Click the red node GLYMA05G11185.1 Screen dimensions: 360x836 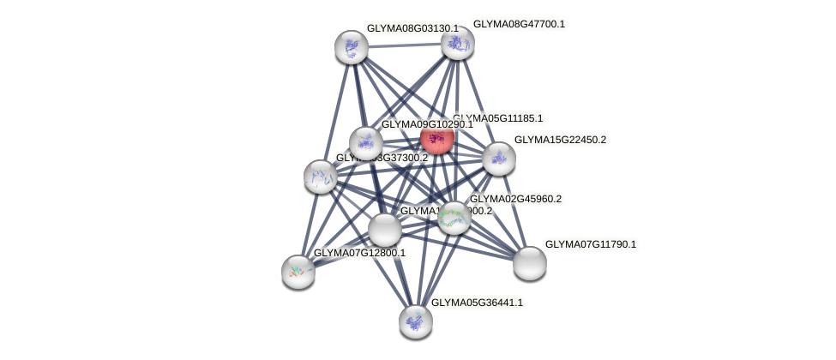[x=436, y=138]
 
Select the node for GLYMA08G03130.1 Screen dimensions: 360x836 [x=352, y=47]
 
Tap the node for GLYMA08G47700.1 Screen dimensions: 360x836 [x=458, y=43]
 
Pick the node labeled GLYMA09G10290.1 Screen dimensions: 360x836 [x=366, y=143]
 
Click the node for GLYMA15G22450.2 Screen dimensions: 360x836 [x=498, y=158]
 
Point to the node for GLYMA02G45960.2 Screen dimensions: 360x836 [x=454, y=218]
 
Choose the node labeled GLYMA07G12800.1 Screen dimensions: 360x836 [x=298, y=271]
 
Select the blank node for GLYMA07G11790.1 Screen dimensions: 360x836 [x=530, y=262]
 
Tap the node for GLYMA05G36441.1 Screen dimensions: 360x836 [x=416, y=321]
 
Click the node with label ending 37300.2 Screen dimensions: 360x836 [x=321, y=177]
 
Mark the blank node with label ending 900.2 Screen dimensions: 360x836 [x=385, y=230]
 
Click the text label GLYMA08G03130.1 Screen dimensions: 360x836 [x=412, y=28]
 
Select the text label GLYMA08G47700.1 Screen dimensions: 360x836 [x=519, y=24]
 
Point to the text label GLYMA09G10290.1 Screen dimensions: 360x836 [x=427, y=124]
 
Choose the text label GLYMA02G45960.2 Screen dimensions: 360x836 [x=515, y=199]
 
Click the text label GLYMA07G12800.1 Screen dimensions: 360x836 [x=359, y=253]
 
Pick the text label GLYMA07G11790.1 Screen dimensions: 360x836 [x=591, y=244]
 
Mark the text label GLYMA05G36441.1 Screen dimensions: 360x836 [x=476, y=303]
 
